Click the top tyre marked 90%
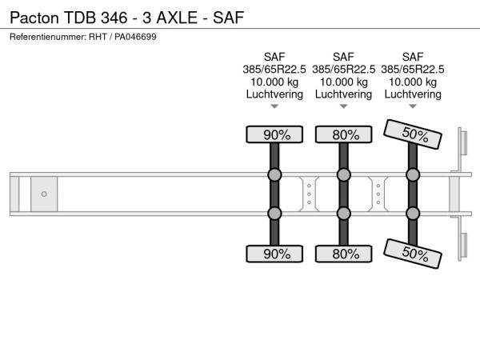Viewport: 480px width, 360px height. coord(274,134)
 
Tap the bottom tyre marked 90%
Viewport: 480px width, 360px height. coord(274,254)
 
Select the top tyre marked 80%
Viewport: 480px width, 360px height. coord(344,134)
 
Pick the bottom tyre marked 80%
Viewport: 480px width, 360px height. coord(344,254)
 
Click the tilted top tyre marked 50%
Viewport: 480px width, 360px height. coord(413,134)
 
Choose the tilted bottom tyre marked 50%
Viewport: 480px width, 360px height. coord(413,254)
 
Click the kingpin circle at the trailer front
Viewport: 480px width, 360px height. coord(44,194)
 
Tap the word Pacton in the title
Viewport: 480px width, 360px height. coord(34,18)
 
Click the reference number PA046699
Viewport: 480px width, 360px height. coord(135,37)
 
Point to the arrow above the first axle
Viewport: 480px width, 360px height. coord(274,106)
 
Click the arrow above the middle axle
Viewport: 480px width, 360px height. coord(344,106)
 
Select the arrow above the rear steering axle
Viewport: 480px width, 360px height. coord(413,106)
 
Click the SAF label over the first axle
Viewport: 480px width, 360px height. coord(274,57)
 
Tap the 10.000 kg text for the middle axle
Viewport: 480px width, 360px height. coord(344,82)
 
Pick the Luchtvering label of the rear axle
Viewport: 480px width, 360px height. coord(413,94)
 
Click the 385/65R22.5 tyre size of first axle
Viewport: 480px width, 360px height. coord(274,70)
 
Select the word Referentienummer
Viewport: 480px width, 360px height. coord(48,37)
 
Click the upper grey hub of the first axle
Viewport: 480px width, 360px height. coord(274,174)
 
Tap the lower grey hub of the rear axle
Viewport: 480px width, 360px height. coord(413,214)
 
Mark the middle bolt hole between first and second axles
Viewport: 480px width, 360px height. coord(309,194)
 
